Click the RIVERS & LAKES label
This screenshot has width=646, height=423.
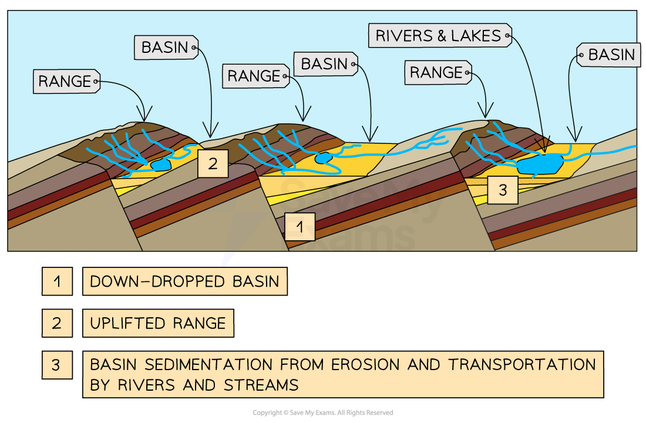coord(438,36)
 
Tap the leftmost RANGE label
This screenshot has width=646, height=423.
coord(65,82)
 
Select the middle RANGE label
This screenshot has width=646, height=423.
coord(254,76)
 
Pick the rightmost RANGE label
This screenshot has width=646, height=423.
coord(436,73)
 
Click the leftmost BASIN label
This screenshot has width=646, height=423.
coord(164,48)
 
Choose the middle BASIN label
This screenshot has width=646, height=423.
coord(325,63)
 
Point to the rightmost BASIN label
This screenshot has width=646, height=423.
coord(611,55)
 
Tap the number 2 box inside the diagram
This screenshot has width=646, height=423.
coord(212,164)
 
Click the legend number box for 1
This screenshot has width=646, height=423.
coord(57,281)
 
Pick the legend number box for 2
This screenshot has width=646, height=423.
coord(57,323)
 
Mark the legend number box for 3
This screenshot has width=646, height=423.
coord(57,365)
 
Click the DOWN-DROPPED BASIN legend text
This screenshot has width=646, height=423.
coord(184,281)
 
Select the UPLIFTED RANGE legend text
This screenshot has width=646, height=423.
coord(157,323)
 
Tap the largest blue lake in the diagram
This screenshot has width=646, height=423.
coord(538,164)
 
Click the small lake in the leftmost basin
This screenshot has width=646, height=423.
coord(160,165)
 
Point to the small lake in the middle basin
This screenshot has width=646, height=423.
coord(322,158)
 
